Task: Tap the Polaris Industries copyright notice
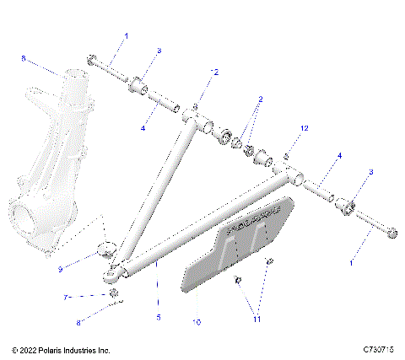tap(61, 350)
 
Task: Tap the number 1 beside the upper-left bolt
tap(127, 36)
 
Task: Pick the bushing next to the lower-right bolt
tap(345, 204)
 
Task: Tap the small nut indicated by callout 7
tap(113, 292)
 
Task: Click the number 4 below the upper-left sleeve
tap(143, 128)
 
